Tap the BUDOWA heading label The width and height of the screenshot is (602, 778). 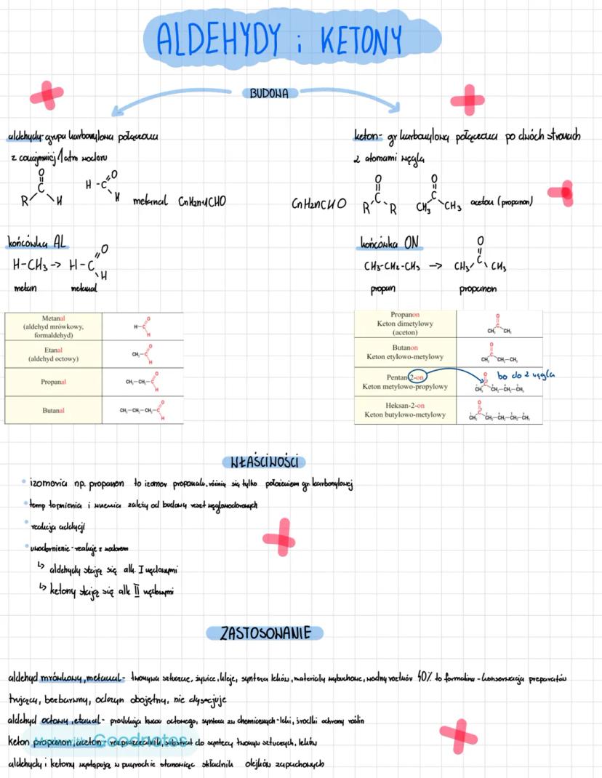click(x=269, y=93)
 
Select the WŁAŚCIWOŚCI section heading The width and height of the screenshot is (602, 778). click(x=264, y=462)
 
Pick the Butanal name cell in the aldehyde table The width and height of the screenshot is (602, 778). click(x=53, y=411)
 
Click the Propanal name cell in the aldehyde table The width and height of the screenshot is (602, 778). click(x=53, y=382)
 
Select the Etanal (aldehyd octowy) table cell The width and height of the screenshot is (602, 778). click(x=53, y=354)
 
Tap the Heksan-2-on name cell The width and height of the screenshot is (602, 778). click(x=406, y=410)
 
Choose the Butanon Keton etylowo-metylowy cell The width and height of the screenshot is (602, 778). click(x=406, y=353)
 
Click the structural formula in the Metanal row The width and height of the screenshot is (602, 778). click(x=143, y=327)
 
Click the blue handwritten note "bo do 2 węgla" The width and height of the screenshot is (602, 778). click(x=525, y=375)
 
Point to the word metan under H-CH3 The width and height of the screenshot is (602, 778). click(x=25, y=289)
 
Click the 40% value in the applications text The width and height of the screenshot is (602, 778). click(x=425, y=678)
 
